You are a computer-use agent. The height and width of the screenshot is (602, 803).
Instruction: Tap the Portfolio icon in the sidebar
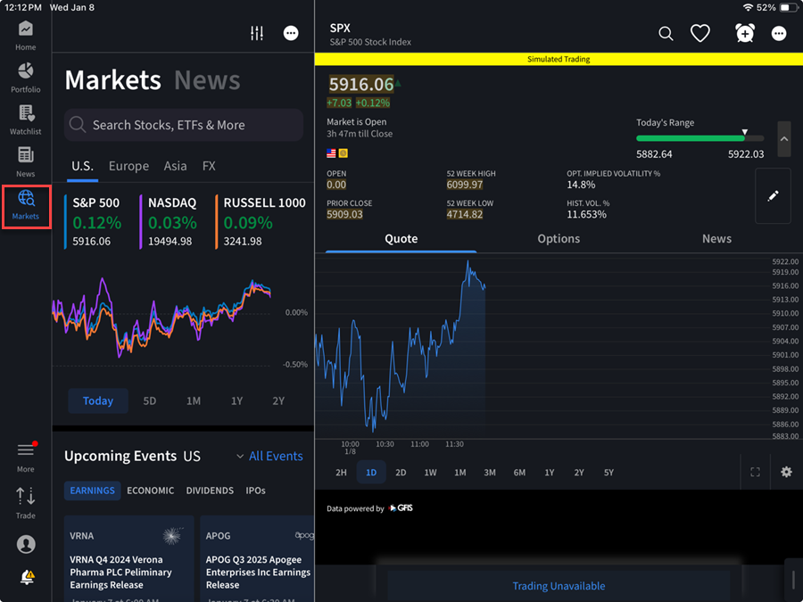pyautogui.click(x=25, y=76)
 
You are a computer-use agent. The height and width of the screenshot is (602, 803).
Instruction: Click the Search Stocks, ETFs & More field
pyautogui.click(x=184, y=125)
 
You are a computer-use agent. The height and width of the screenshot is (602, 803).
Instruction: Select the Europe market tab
pyautogui.click(x=128, y=166)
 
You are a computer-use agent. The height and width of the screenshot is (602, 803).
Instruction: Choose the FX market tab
pyautogui.click(x=209, y=166)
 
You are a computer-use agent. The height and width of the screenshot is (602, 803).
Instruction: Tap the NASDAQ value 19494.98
pyautogui.click(x=170, y=241)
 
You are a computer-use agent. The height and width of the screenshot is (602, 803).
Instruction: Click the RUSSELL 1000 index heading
pyautogui.click(x=264, y=202)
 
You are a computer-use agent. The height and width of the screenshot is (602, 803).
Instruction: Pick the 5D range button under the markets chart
pyautogui.click(x=149, y=400)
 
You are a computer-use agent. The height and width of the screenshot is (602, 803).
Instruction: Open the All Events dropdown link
pyautogui.click(x=269, y=456)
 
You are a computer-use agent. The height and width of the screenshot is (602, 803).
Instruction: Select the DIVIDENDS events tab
pyautogui.click(x=210, y=491)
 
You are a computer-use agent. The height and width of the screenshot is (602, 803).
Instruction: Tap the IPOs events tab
pyautogui.click(x=255, y=491)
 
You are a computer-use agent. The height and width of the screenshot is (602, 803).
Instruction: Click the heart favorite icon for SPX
pyautogui.click(x=700, y=33)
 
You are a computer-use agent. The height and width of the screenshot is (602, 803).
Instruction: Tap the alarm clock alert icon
pyautogui.click(x=745, y=33)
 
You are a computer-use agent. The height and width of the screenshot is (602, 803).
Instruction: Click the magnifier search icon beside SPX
pyautogui.click(x=666, y=33)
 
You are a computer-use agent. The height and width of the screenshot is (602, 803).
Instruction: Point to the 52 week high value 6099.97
pyautogui.click(x=464, y=185)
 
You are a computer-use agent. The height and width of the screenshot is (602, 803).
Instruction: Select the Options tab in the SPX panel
pyautogui.click(x=559, y=239)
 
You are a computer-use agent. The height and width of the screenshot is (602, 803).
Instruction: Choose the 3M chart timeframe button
pyautogui.click(x=490, y=473)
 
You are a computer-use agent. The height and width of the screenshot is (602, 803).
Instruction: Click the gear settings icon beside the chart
pyautogui.click(x=786, y=472)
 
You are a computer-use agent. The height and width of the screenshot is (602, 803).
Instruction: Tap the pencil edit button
pyautogui.click(x=773, y=195)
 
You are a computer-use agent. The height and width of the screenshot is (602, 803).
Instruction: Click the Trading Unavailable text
pyautogui.click(x=559, y=586)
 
